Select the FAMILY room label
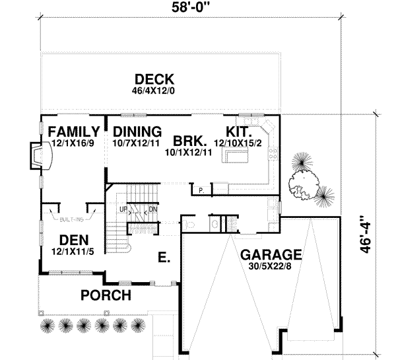73,130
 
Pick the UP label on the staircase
123,210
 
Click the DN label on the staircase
152,210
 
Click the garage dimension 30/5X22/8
271,266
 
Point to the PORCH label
106,294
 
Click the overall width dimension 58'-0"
191,9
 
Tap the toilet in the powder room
191,225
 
